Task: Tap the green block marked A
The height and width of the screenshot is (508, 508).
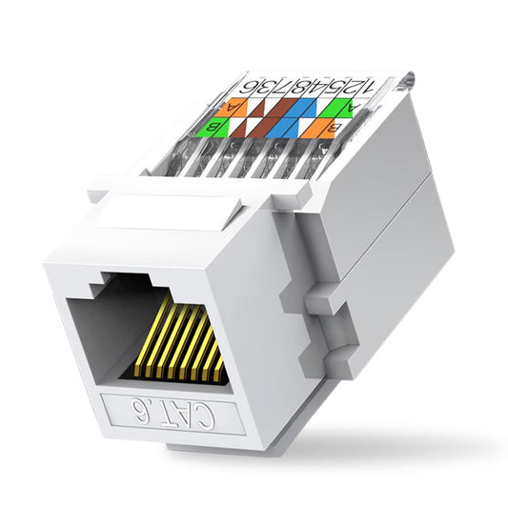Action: tap(355, 108)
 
